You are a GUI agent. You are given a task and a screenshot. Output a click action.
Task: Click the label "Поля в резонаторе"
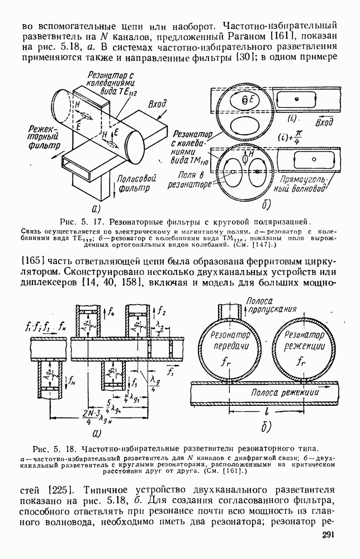(188, 178)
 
